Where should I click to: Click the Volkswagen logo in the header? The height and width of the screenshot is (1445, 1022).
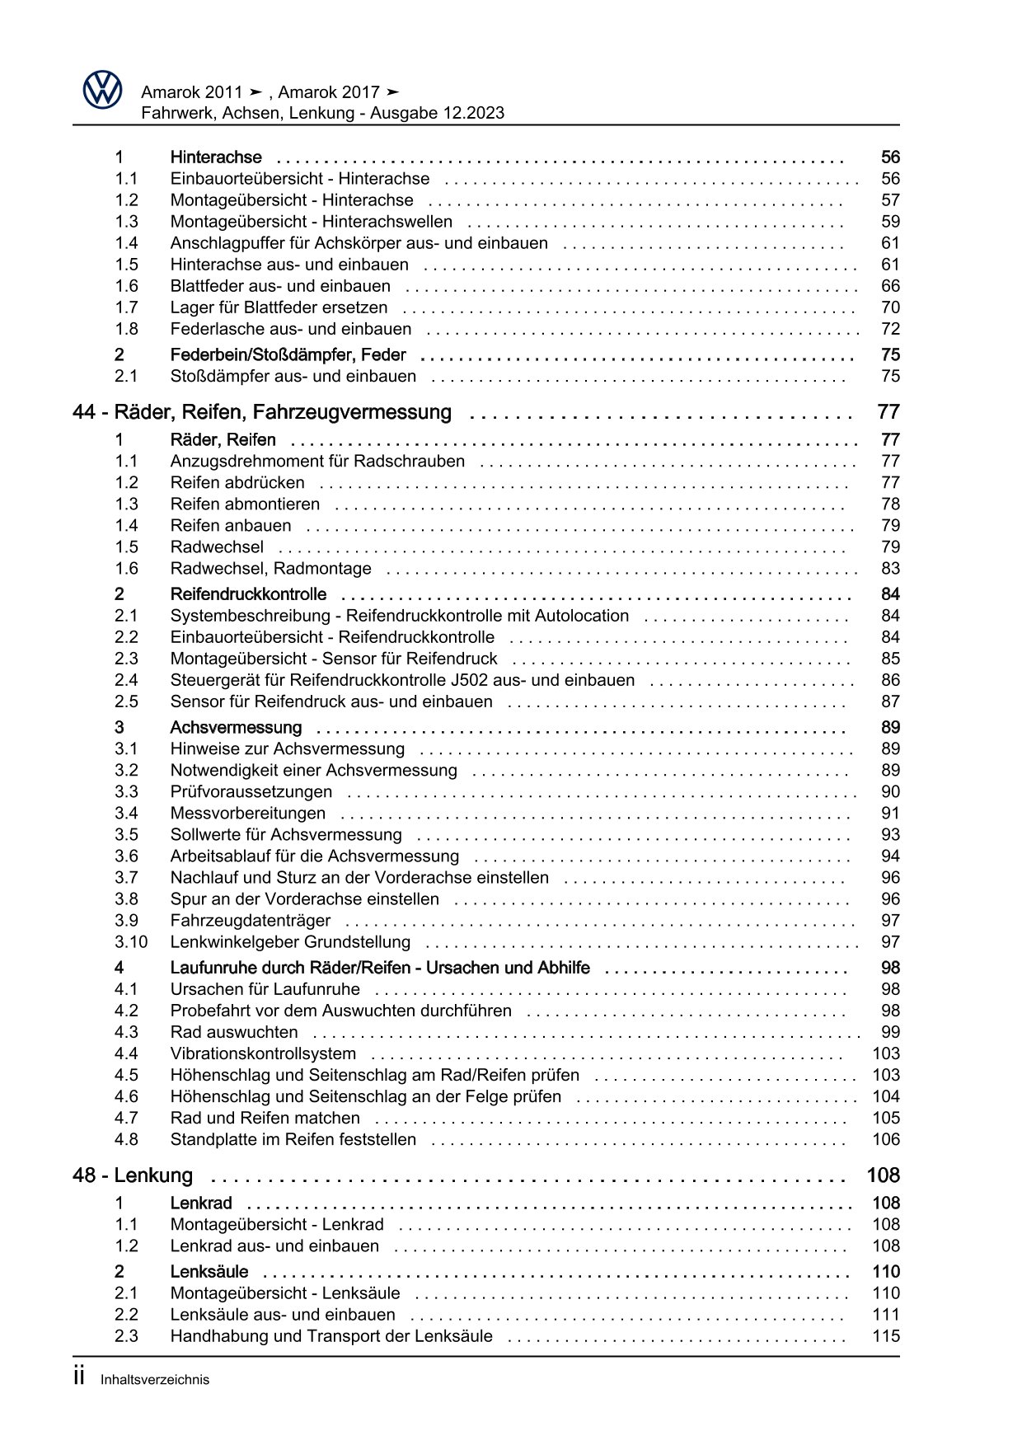102,90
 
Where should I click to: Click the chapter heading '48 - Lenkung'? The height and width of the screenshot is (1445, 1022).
133,1175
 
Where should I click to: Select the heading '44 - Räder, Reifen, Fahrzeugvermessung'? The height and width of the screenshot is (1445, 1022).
262,412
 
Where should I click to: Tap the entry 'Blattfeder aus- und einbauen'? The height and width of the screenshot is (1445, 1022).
280,286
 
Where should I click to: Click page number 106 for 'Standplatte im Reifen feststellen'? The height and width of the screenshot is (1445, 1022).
886,1140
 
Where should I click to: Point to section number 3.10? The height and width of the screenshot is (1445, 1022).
130,942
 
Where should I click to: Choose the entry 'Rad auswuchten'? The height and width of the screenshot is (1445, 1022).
234,1032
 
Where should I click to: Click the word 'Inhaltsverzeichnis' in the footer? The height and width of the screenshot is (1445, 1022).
155,1380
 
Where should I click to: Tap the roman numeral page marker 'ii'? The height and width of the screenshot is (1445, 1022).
79,1377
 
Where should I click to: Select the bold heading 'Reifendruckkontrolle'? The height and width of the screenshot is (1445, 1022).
248,594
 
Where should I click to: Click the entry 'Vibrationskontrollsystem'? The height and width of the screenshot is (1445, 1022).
263,1053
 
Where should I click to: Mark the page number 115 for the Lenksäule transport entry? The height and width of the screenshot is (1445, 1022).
886,1336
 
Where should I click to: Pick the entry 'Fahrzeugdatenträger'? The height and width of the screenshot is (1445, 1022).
250,921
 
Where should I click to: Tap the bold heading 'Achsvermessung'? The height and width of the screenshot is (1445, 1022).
236,727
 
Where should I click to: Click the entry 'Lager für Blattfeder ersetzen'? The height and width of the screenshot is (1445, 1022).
279,307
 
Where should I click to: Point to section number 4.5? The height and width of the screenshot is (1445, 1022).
126,1075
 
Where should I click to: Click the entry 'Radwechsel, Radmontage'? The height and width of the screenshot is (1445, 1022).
270,569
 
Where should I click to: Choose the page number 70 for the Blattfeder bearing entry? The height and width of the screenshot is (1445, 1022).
890,307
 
